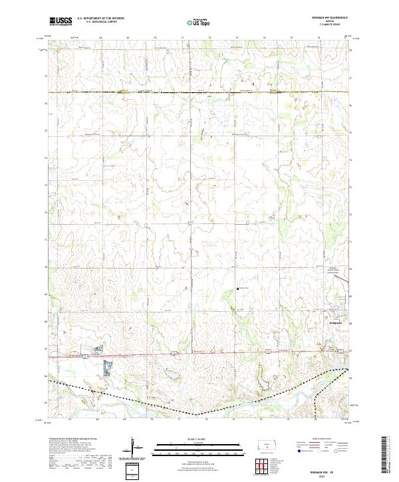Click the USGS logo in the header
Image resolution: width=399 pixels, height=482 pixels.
61,21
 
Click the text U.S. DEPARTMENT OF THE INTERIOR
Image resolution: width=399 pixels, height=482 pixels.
100,19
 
